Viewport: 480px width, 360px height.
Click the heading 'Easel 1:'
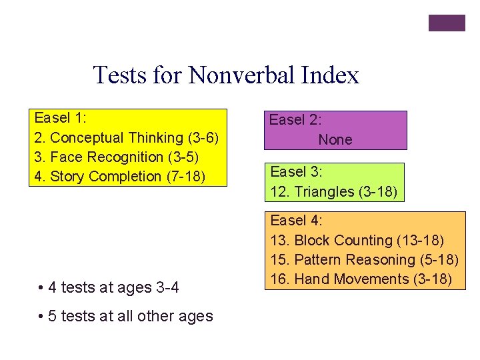60,119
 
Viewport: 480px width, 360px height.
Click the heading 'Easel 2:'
295,121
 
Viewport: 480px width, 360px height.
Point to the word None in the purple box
335,140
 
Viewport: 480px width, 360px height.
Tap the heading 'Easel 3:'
296,172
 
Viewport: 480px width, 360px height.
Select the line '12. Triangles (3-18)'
333,192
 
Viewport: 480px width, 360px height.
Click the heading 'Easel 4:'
296,220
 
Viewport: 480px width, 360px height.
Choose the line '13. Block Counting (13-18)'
357,240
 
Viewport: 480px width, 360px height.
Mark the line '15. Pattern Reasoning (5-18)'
364,259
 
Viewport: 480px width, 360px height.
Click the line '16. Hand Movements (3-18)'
361,279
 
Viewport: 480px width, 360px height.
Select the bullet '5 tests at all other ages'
130,316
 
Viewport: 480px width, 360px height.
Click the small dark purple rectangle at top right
446,23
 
